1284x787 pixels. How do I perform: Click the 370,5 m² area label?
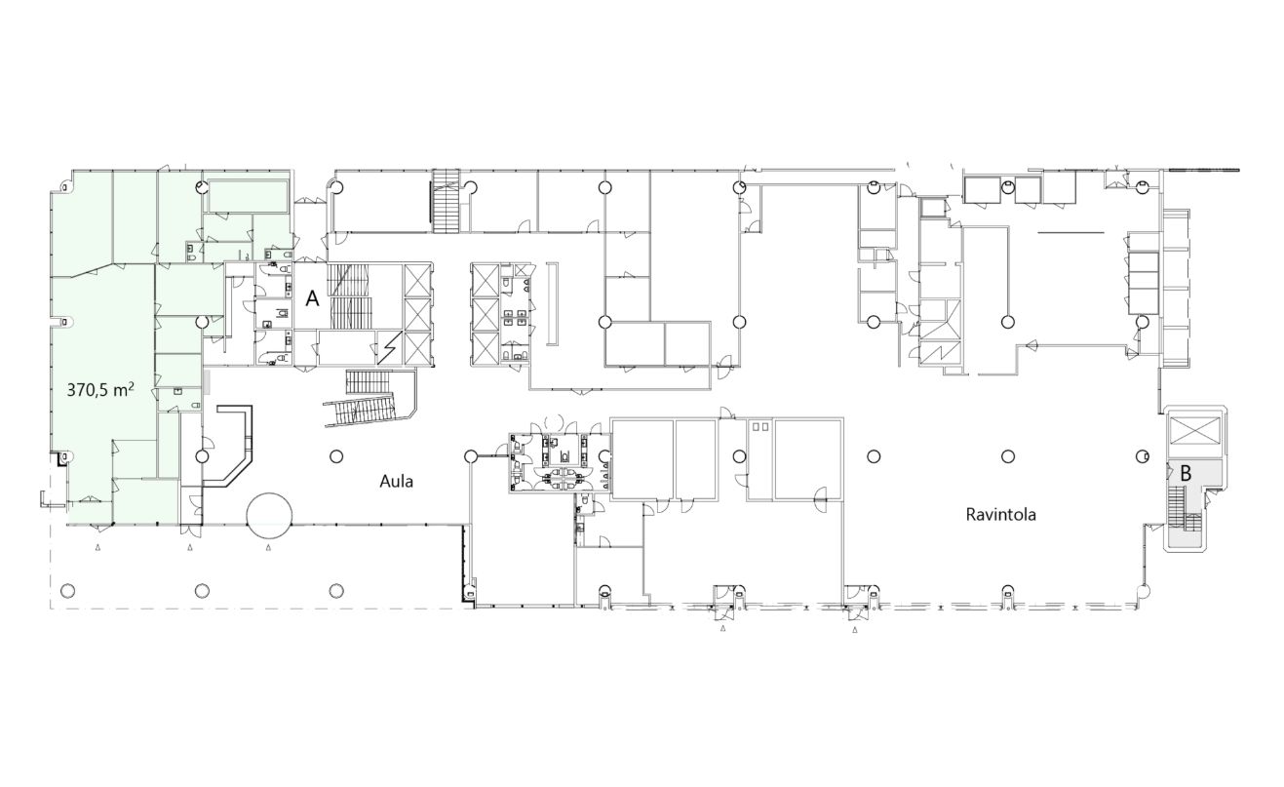100,390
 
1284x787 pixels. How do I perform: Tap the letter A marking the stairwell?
312,298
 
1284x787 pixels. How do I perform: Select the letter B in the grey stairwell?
1186,474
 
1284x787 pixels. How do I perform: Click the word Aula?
396,482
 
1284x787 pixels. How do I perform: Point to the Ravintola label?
1001,515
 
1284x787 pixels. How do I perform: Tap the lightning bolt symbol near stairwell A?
389,348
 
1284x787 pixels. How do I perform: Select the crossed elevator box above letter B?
1194,430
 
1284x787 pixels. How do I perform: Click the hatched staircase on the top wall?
446,201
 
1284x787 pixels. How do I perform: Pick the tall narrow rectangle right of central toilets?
552,304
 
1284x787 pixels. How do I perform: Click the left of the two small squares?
757,426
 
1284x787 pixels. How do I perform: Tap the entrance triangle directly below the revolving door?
269,548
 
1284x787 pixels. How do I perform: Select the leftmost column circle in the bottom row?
67,590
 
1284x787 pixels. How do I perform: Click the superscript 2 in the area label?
132,386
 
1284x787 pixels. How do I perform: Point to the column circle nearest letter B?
1143,456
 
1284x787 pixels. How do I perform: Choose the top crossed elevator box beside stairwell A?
416,280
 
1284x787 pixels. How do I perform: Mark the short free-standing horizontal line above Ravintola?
1070,232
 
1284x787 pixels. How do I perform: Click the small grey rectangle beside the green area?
209,381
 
